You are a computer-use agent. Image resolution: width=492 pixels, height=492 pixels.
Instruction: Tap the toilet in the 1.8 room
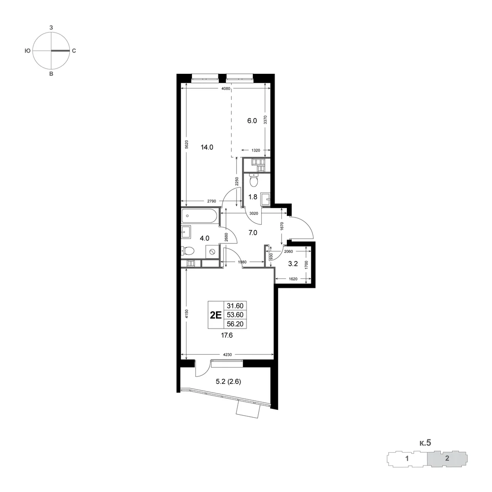tap(253, 181)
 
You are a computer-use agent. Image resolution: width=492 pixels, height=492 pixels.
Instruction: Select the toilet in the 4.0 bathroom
tap(187, 251)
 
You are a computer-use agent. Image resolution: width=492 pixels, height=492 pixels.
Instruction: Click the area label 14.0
tap(207, 147)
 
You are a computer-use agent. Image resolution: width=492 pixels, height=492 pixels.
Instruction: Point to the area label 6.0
tap(252, 121)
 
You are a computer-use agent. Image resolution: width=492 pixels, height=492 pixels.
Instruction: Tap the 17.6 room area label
tap(227, 336)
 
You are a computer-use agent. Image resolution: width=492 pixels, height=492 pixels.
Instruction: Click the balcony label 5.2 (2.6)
tap(228, 382)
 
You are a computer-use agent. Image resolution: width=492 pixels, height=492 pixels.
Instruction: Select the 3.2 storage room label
tap(293, 264)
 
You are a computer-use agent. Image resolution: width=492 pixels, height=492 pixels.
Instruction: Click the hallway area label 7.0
tap(252, 233)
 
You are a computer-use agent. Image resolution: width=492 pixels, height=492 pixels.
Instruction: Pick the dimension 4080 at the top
tap(226, 89)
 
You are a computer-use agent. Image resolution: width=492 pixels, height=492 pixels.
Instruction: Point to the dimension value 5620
tap(186, 144)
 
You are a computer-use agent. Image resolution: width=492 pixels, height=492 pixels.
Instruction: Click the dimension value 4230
tap(227, 355)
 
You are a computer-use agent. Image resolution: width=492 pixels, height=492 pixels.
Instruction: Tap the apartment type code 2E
tap(215, 315)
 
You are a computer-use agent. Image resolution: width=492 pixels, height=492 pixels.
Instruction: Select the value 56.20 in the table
tap(235, 324)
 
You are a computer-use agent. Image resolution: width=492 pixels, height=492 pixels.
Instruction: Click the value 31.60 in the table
tap(235, 306)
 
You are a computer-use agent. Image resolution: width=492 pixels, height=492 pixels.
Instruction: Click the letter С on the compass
tap(74, 51)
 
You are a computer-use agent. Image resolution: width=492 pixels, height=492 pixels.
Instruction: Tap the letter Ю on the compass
tap(28, 51)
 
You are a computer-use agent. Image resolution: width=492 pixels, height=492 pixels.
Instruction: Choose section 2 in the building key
tap(447, 459)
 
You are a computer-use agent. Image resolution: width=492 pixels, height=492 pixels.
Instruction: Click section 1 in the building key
tap(407, 459)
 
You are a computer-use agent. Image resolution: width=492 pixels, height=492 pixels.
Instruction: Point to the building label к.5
tap(425, 443)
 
